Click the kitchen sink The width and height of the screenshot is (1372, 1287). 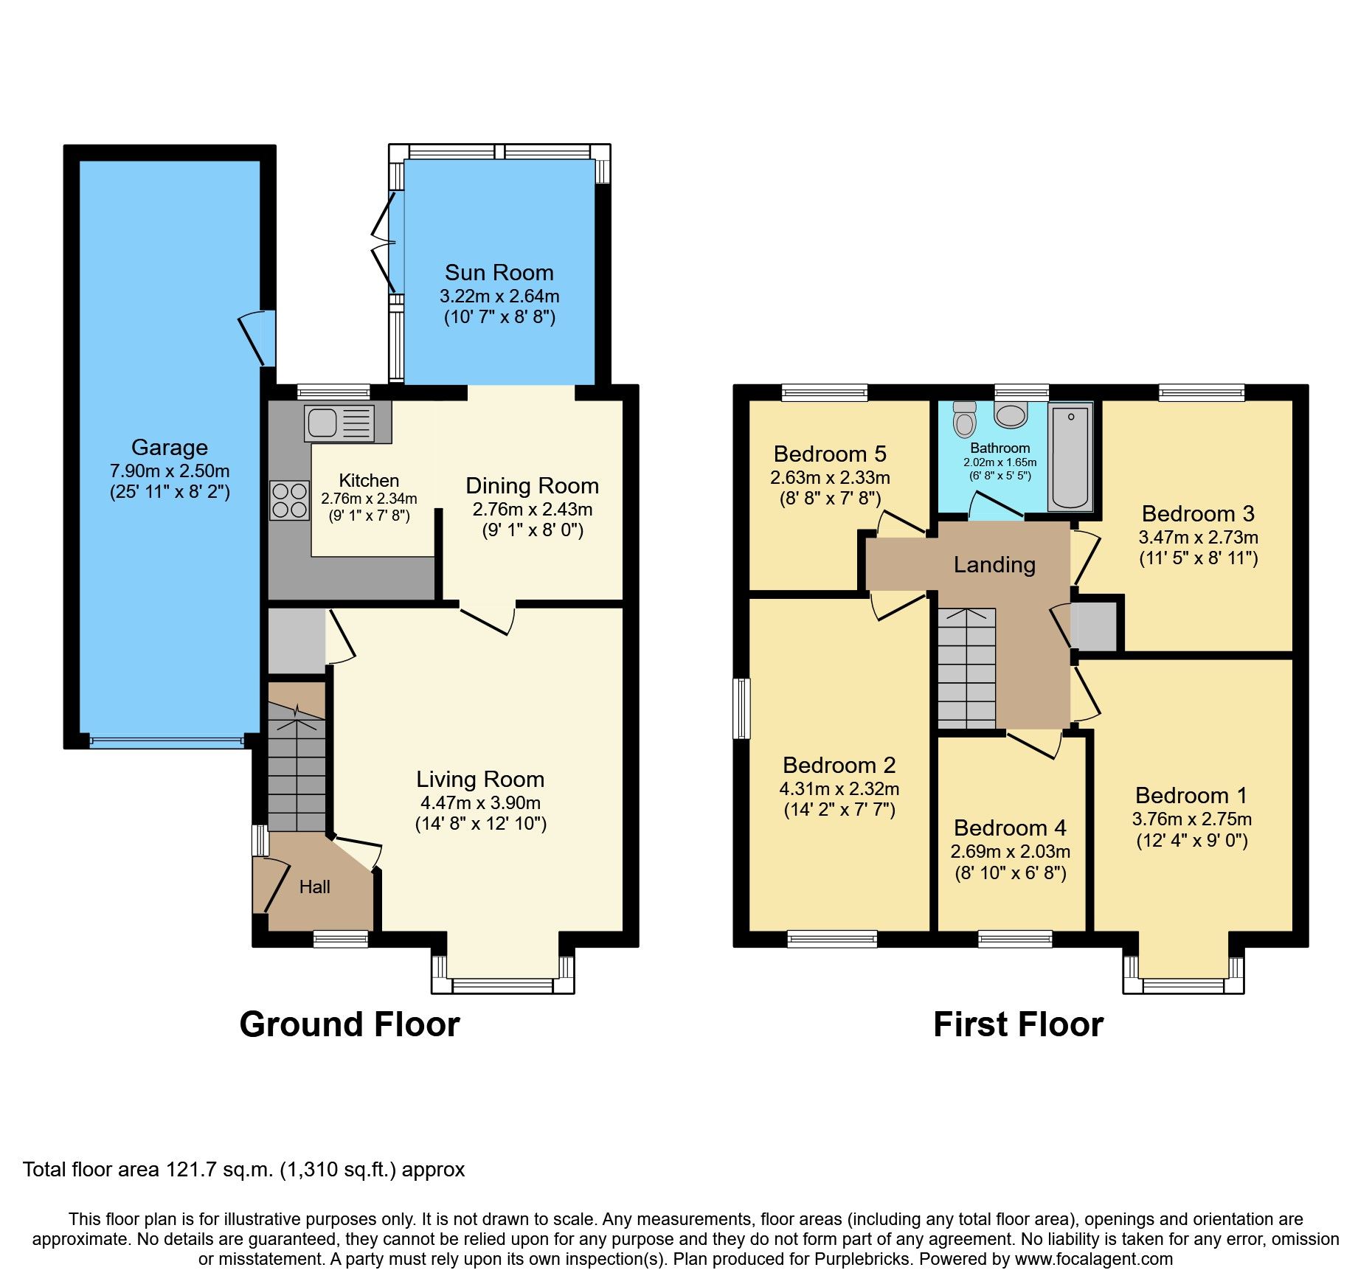coord(339,423)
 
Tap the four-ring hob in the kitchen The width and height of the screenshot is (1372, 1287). coord(289,500)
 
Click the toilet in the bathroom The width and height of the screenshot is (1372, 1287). coord(964,420)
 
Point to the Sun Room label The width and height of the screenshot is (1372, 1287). coord(499,273)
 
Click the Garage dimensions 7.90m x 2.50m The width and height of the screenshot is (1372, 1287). coord(170,471)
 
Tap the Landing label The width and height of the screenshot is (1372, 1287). coord(994,565)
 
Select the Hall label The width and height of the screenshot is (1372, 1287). coord(314,887)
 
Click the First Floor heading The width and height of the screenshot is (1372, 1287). coord(1018,1024)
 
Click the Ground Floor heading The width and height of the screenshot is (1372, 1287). coord(350,1024)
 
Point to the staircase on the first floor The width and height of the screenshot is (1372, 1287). coord(966,668)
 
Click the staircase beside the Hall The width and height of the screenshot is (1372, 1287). coord(297,767)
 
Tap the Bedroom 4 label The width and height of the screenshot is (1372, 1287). coord(1010,828)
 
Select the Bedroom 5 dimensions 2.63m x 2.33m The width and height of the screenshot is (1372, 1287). coord(830,478)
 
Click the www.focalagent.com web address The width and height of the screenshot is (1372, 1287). coord(1094,1259)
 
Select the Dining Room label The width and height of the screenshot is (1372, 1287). coord(532,486)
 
